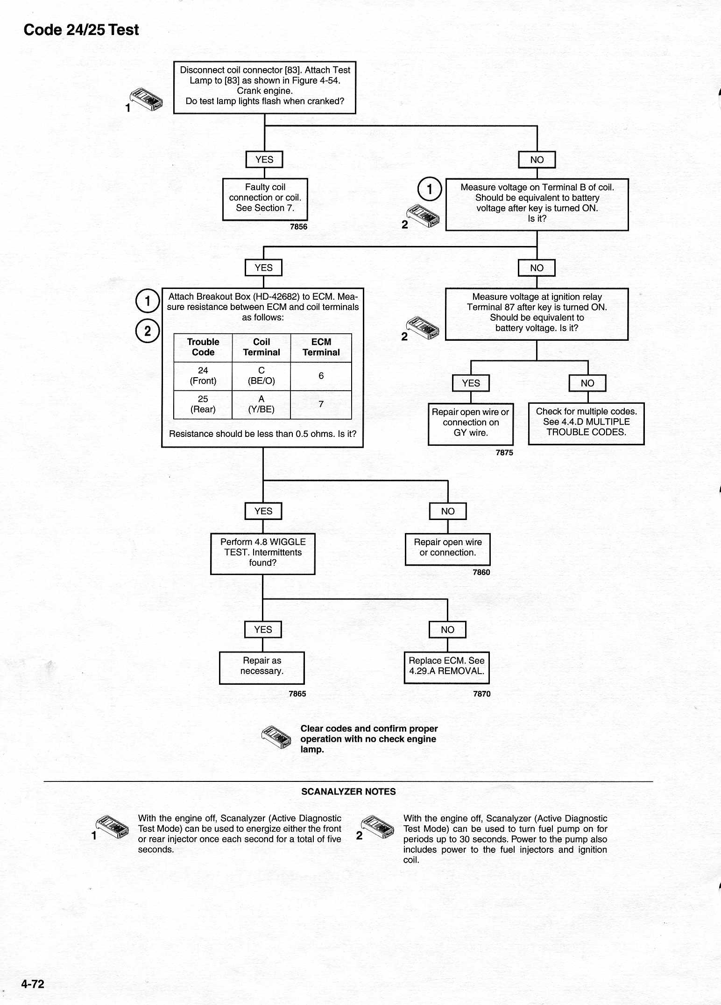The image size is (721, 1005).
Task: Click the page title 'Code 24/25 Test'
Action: [x=81, y=30]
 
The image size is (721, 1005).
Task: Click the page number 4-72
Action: [x=33, y=984]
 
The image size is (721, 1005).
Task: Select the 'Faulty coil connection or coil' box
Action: [x=265, y=199]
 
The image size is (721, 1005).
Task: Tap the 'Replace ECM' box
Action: [x=447, y=668]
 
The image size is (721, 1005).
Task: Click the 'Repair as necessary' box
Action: [x=262, y=668]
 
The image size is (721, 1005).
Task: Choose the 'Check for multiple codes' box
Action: [x=586, y=423]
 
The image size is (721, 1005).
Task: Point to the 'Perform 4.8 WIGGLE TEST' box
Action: [x=262, y=554]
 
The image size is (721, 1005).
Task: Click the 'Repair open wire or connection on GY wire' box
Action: [x=471, y=424]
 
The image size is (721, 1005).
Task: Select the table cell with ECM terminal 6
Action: [x=321, y=376]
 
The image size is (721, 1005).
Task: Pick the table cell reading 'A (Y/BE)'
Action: [x=261, y=405]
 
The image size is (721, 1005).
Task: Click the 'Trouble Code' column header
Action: [x=203, y=347]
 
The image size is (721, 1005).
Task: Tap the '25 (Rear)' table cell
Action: [x=203, y=405]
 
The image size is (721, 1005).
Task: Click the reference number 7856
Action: [x=298, y=227]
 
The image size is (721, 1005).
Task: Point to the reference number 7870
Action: [x=481, y=694]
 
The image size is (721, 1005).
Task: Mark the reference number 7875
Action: [x=504, y=453]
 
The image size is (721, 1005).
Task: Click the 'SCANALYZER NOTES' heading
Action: [x=348, y=792]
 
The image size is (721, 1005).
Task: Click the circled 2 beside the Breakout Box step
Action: [x=148, y=331]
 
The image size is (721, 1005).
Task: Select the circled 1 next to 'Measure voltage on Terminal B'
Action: [x=430, y=189]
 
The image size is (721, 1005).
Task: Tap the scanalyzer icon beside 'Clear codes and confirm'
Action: [x=276, y=739]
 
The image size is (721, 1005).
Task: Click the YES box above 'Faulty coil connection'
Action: [x=264, y=160]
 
